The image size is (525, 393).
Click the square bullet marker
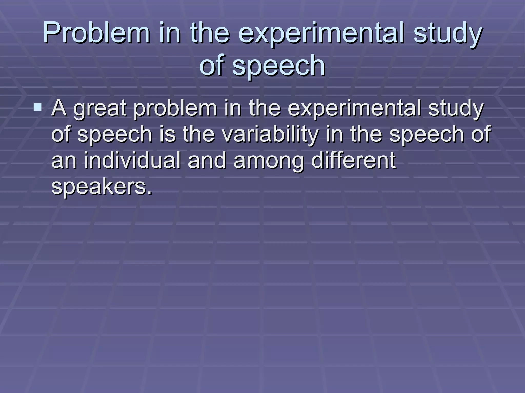point(37,107)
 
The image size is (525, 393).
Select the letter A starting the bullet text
point(59,108)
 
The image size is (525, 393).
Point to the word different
point(354,160)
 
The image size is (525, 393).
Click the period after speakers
point(149,192)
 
